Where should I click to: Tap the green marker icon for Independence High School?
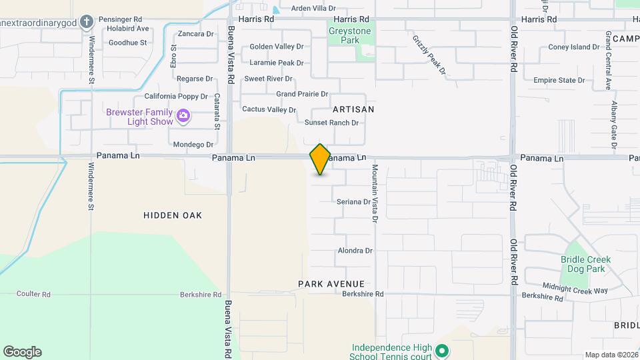point(441,350)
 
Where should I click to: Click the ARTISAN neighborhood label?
point(353,109)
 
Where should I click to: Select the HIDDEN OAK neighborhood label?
point(173,215)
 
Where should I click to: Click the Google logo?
point(22,352)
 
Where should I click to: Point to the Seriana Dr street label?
point(353,201)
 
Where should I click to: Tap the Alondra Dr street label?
point(355,251)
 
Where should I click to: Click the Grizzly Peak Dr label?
point(428,53)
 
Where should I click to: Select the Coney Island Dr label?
point(574,47)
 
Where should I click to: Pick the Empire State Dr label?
point(559,80)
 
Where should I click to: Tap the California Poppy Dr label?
point(173,96)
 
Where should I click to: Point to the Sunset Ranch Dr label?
point(331,123)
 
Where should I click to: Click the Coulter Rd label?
point(34,294)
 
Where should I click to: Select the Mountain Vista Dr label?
point(375,193)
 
